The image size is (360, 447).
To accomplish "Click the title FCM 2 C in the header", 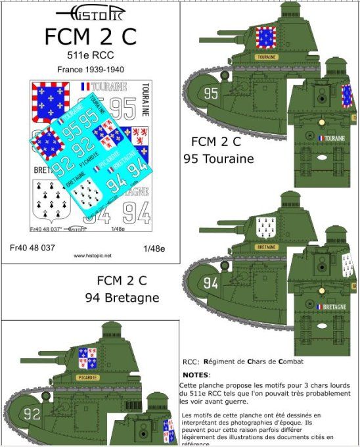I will click(x=91, y=37).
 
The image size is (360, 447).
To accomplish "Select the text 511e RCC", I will click(x=91, y=56).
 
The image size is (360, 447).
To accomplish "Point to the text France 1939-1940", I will click(x=91, y=69).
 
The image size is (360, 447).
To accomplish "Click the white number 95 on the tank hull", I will click(x=211, y=93).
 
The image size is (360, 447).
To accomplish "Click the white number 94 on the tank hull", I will click(x=211, y=283).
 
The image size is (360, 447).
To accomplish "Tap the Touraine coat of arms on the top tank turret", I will click(x=265, y=37).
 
